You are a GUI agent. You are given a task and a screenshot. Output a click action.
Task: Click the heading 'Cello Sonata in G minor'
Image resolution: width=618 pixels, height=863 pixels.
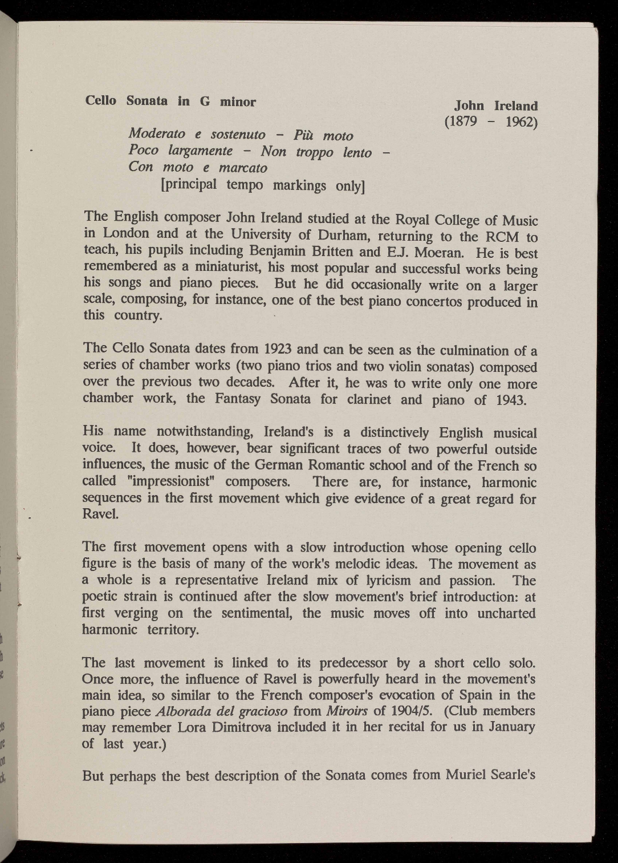point(170,102)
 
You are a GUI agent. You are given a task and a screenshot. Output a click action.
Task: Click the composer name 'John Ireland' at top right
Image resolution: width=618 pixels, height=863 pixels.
point(496,106)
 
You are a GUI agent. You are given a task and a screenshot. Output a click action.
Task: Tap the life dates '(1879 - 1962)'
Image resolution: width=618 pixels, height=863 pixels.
point(491,121)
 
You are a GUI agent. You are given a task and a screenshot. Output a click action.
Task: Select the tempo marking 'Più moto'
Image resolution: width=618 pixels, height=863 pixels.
point(323,136)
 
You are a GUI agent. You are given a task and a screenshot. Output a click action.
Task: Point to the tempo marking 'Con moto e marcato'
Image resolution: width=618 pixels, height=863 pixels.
point(198,168)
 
